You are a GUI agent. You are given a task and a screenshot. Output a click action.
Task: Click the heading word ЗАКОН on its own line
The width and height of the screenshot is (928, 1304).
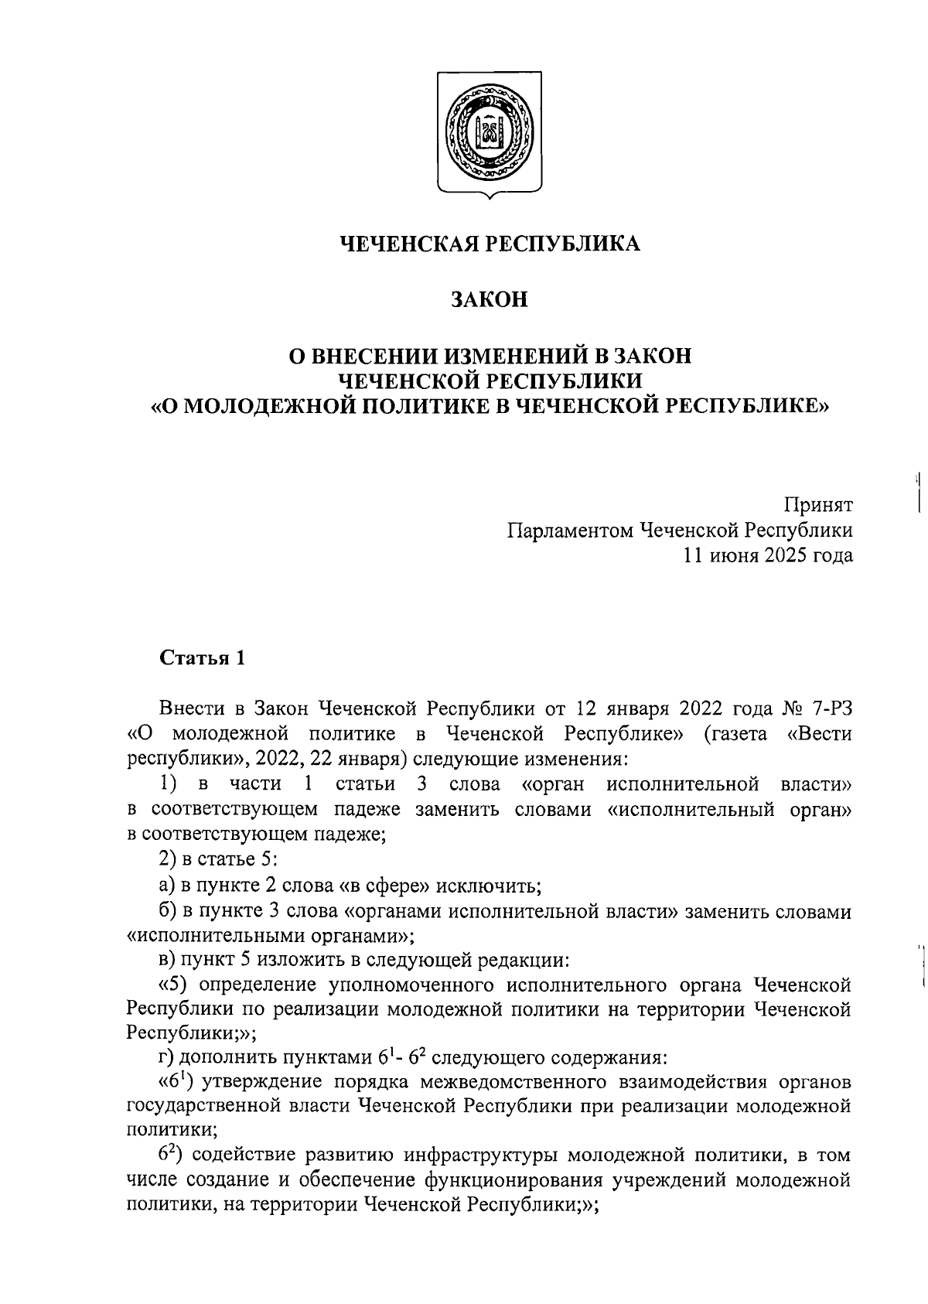tap(490, 299)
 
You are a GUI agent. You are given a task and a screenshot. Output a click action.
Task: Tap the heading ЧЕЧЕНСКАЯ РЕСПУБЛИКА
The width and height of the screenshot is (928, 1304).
tap(490, 244)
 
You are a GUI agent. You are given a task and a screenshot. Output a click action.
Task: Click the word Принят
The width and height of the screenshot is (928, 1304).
tap(819, 505)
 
